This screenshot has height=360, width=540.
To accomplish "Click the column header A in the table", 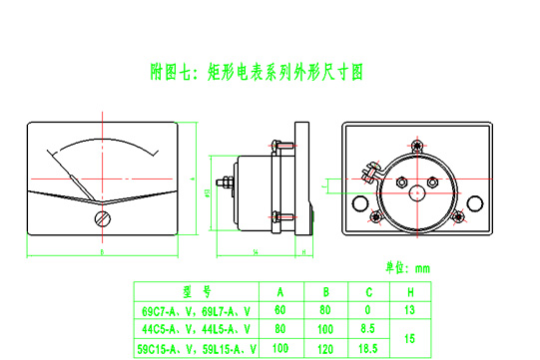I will [280, 292].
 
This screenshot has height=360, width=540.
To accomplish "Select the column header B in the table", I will [326, 292].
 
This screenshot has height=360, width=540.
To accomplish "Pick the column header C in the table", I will [369, 292].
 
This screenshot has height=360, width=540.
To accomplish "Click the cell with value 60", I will [280, 310].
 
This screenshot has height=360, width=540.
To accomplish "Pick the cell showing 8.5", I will [369, 328].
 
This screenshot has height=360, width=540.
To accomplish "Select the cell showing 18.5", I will [369, 348].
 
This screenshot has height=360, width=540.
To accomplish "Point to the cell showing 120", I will [326, 348].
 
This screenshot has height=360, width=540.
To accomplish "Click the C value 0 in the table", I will [369, 310].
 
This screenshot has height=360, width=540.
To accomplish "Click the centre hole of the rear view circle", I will [416, 180].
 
